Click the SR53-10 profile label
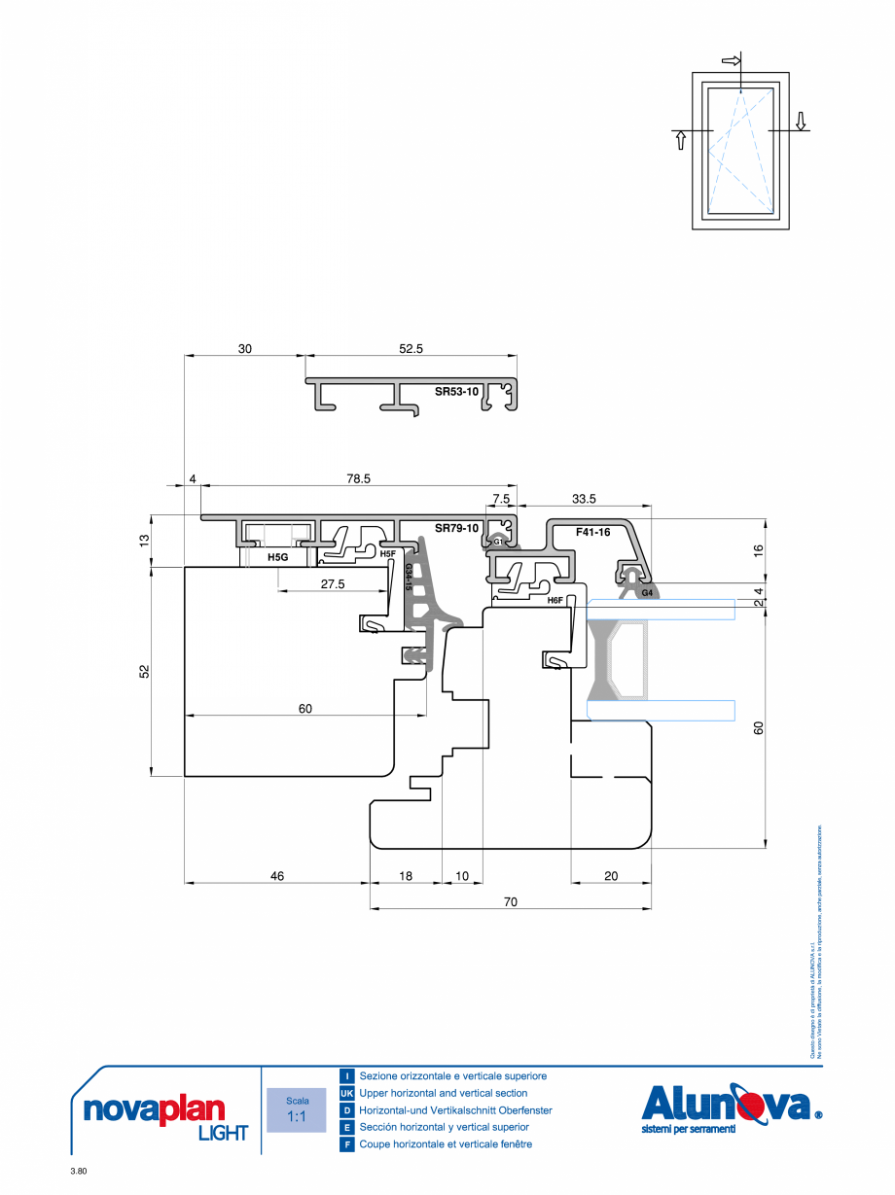click(456, 392)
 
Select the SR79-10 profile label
click(456, 528)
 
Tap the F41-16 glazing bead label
click(591, 532)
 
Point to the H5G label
click(278, 558)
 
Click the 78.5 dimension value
click(359, 479)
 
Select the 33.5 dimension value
click(584, 499)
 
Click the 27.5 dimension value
click(334, 583)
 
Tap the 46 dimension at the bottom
click(277, 876)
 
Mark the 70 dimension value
click(510, 901)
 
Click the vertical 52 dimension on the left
click(145, 671)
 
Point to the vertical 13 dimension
click(145, 541)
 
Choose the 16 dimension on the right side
click(758, 549)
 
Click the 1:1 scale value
click(297, 1117)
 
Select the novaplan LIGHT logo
click(160, 1114)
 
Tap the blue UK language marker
click(346, 1093)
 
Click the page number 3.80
click(79, 1172)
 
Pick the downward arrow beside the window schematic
click(801, 120)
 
